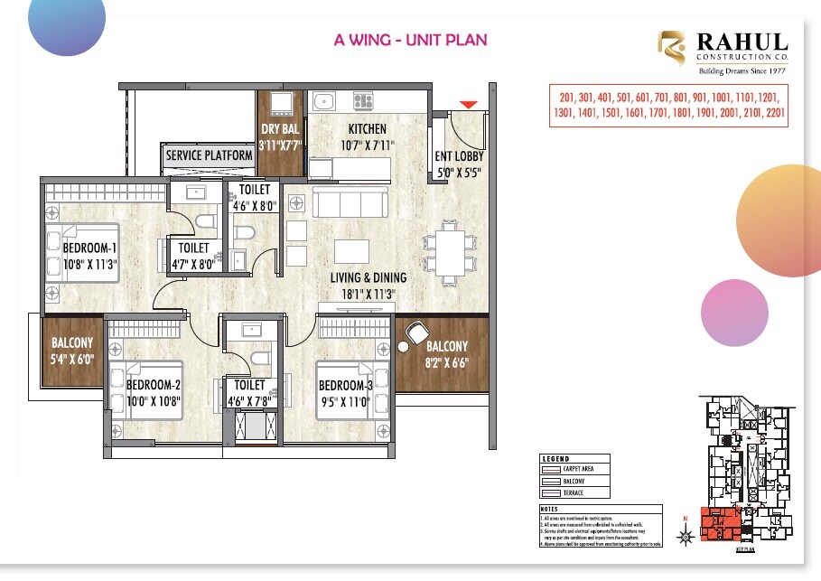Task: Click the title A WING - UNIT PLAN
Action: pyautogui.click(x=410, y=40)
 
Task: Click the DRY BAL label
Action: pyautogui.click(x=280, y=129)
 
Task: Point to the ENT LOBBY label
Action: pyautogui.click(x=459, y=156)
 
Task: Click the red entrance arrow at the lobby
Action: pyautogui.click(x=467, y=106)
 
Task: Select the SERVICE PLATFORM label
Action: pyautogui.click(x=209, y=155)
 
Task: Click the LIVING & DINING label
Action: pyautogui.click(x=367, y=277)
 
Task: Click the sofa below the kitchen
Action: pyautogui.click(x=349, y=203)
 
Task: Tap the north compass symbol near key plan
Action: pyautogui.click(x=686, y=535)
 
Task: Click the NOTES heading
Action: pyautogui.click(x=550, y=509)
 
